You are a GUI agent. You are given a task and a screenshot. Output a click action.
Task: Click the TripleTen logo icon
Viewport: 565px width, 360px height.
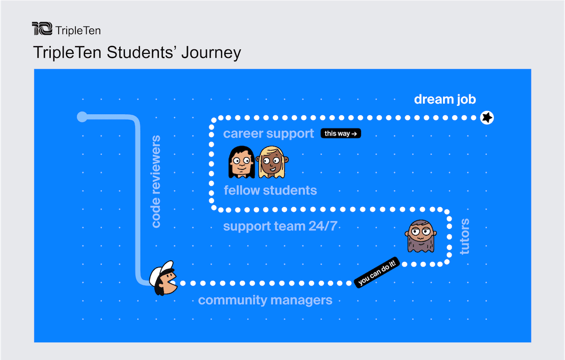(42, 29)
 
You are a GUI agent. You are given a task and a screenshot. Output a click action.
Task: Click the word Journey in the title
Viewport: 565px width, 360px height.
(211, 53)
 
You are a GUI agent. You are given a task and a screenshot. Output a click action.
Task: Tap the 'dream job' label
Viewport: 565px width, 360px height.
(445, 99)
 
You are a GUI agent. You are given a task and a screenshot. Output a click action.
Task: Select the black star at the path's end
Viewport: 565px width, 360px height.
(487, 117)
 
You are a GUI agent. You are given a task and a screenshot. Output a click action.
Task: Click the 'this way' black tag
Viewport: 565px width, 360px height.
(340, 133)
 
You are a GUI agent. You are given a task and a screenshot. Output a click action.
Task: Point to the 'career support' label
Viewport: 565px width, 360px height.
(268, 134)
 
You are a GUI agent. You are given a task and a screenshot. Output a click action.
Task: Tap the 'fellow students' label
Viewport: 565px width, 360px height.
(270, 190)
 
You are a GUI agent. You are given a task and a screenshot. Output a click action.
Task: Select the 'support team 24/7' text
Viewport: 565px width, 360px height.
(280, 226)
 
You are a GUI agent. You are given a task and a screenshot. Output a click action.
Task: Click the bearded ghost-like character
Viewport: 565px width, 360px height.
(421, 236)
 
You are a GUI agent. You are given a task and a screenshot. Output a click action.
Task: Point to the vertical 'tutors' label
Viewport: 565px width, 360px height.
(465, 236)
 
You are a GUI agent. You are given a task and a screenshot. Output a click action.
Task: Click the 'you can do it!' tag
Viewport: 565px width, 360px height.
(377, 272)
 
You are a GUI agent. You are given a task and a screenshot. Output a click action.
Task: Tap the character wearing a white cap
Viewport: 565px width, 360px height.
(163, 278)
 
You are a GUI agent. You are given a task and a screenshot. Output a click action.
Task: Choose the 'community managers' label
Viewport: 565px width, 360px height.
(265, 300)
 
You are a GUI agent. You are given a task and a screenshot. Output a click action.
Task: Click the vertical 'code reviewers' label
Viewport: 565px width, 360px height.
(156, 181)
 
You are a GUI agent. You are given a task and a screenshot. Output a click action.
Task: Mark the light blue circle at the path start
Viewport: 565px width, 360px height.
(82, 117)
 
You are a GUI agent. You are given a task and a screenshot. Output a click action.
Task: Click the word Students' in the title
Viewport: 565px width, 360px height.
(140, 52)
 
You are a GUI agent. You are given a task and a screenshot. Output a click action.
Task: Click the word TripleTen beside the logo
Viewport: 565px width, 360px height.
(78, 30)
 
